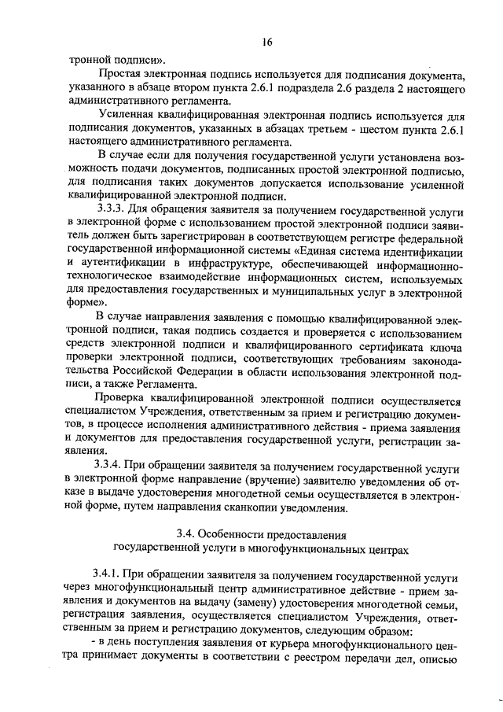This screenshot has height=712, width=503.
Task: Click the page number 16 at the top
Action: pos(267,41)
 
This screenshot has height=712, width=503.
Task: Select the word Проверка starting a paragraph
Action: pos(122,400)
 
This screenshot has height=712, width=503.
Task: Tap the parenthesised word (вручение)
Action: pos(245,480)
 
